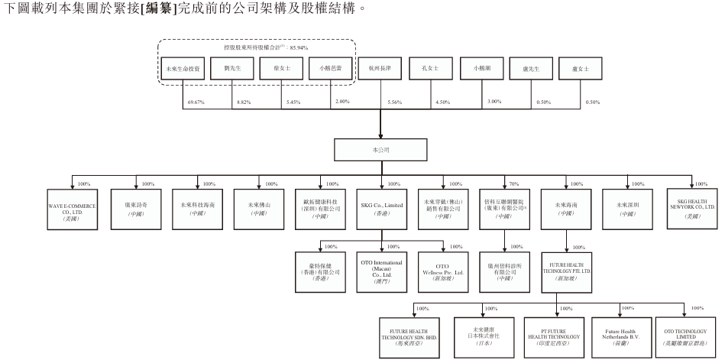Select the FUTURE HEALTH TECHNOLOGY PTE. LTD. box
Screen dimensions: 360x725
click(x=566, y=273)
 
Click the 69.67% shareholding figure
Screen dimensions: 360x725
click(x=195, y=102)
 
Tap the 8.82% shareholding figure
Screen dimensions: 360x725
click(x=243, y=102)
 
